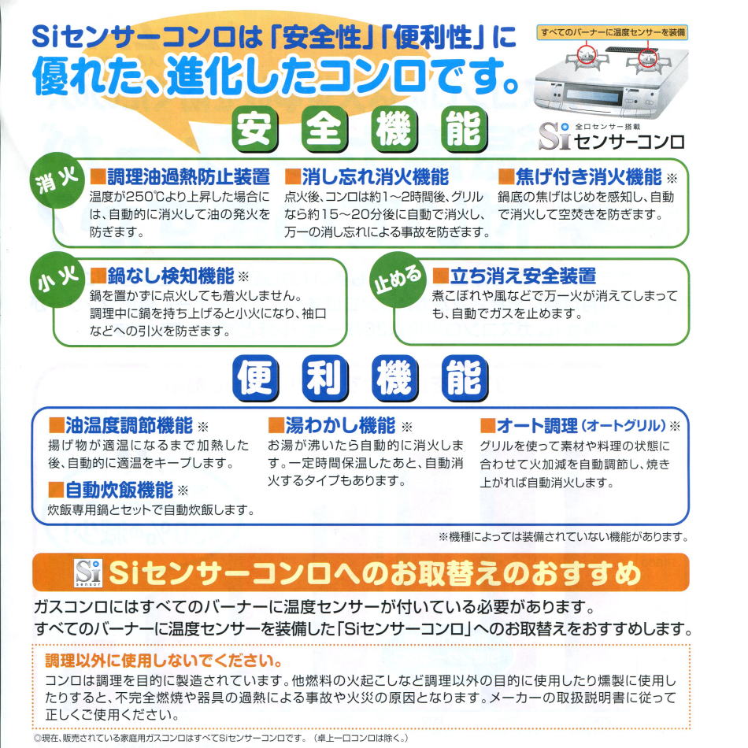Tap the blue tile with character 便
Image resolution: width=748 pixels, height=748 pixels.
tap(256, 378)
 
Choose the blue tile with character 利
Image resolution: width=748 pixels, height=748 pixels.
tap(325, 378)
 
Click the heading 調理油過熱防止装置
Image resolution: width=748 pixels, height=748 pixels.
tap(188, 176)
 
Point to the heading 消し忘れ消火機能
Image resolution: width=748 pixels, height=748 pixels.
tap(375, 176)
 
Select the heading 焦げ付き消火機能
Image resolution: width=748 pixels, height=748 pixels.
tap(588, 176)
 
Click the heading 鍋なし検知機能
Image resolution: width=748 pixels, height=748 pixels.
tap(170, 276)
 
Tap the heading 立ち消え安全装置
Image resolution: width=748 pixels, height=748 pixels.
tap(524, 276)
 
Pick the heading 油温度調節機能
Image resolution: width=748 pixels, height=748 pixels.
tap(129, 425)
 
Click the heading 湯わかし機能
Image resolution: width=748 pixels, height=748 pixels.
tap(340, 425)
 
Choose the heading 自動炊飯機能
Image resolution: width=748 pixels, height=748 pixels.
tap(119, 490)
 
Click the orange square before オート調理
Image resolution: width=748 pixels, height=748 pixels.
tap(487, 425)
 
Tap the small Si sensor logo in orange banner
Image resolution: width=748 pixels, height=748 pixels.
tap(88, 572)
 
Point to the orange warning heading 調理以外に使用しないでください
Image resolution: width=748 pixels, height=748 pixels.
tap(164, 661)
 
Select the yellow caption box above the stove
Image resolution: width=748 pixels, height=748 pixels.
tap(613, 32)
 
